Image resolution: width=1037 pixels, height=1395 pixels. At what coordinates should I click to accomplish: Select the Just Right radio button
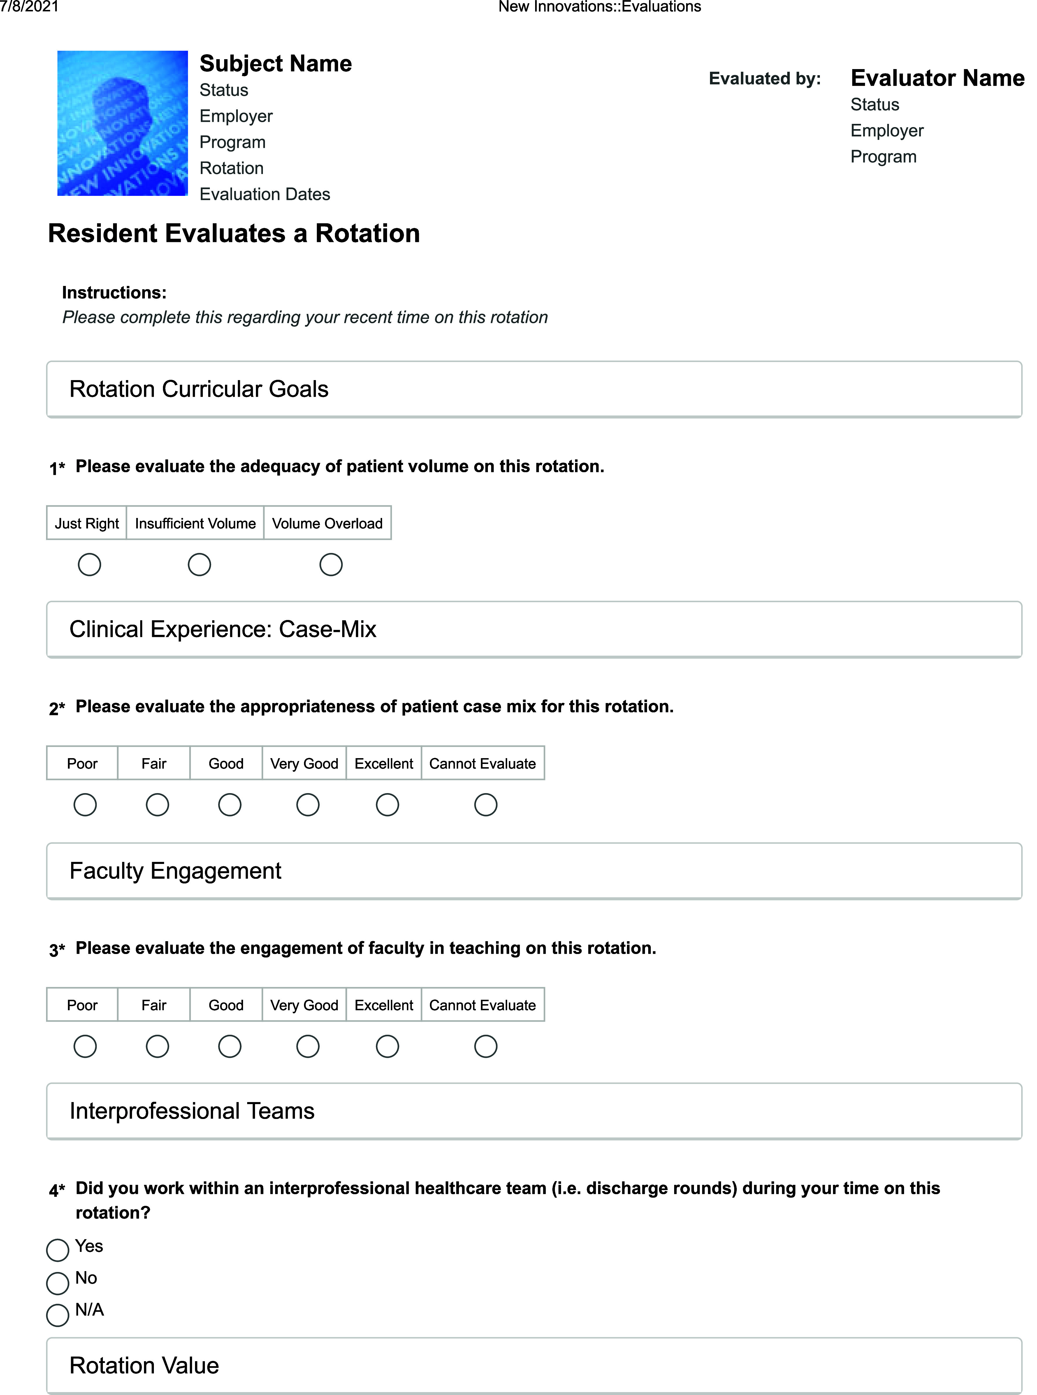click(89, 564)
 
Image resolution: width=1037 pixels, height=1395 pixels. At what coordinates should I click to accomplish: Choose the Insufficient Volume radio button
click(199, 564)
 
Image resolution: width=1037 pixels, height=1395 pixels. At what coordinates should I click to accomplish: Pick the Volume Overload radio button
click(331, 564)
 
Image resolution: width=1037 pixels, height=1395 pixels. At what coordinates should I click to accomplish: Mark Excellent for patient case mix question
click(387, 805)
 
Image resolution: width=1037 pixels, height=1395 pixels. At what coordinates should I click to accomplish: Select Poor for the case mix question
click(85, 805)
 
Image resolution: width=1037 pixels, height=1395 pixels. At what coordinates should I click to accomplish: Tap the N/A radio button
click(58, 1315)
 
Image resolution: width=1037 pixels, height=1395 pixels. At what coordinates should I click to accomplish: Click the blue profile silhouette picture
click(122, 123)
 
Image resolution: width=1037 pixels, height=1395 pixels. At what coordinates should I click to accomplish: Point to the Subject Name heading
click(275, 64)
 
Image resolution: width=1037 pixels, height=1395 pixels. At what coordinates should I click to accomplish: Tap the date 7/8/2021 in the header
click(29, 7)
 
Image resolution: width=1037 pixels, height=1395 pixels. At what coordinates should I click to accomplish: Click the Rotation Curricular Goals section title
click(199, 389)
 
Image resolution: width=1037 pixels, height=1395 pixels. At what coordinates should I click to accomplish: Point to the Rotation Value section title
click(144, 1366)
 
